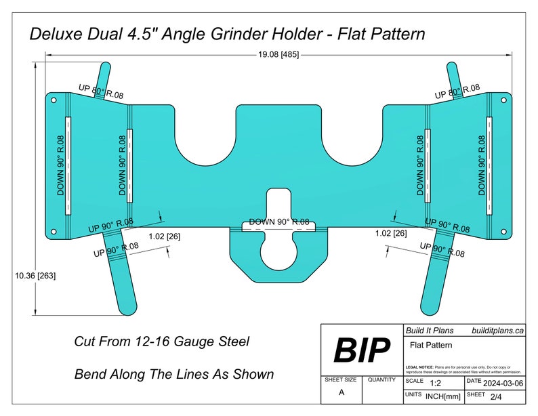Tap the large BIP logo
tap(361, 350)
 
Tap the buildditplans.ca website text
tap(498, 330)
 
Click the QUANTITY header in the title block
tap(381, 381)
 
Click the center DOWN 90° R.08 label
tap(278, 222)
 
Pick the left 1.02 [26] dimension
tap(164, 236)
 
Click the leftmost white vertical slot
tap(67, 165)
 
